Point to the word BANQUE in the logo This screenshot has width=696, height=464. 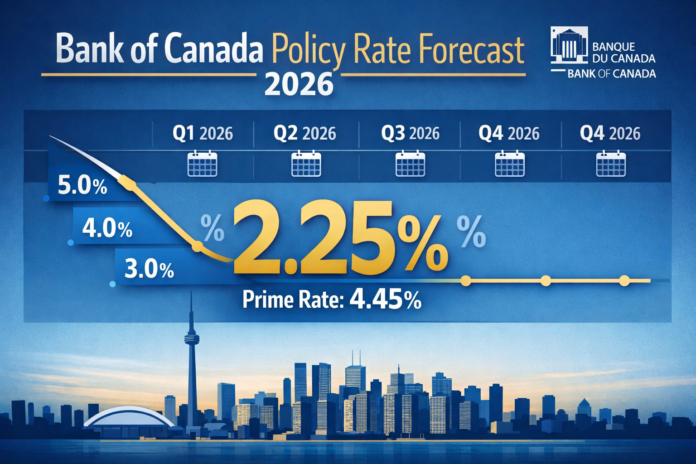(614, 47)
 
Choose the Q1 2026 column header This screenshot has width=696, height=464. (203, 134)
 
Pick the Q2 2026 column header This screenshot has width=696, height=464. (304, 134)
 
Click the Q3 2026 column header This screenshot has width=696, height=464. (410, 134)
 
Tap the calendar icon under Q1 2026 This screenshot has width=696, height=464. (202, 164)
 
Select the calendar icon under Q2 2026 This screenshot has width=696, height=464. (306, 164)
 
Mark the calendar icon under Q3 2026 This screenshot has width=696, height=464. (410, 164)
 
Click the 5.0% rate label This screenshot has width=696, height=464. (82, 186)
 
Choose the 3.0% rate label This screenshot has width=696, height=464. (149, 270)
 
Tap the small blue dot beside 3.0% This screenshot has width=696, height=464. (113, 284)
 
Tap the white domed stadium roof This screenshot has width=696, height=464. (129, 416)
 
